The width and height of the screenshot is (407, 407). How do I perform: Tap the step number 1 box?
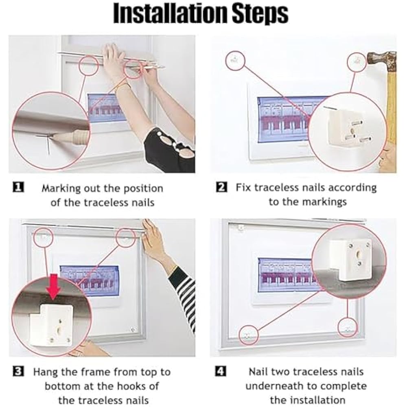click(x=18, y=187)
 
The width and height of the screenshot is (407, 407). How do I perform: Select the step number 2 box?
click(x=221, y=187)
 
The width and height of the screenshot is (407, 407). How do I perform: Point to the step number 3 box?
click(x=18, y=371)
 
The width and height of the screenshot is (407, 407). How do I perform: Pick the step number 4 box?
click(x=221, y=371)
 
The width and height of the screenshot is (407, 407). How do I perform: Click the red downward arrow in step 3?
click(x=54, y=286)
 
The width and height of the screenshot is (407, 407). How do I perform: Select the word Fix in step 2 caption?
click(x=243, y=187)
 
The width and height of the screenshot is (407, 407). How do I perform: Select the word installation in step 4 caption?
click(x=308, y=400)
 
